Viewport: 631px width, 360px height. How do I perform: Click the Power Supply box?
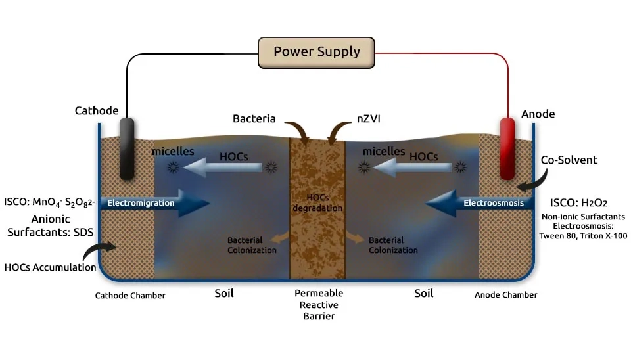click(x=317, y=52)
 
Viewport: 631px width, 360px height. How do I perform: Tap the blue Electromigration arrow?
click(x=155, y=203)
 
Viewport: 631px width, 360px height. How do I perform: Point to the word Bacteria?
click(x=254, y=119)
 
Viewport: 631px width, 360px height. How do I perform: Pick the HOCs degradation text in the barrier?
click(x=317, y=203)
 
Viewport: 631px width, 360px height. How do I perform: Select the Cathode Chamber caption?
click(x=130, y=296)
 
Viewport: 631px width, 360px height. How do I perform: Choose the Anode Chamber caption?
click(x=505, y=295)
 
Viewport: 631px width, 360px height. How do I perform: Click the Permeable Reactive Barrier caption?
click(x=317, y=304)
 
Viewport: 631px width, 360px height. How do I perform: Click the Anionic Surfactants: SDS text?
click(x=51, y=225)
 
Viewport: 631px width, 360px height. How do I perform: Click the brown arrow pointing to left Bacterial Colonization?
click(x=279, y=236)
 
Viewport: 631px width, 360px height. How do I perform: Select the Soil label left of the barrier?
click(x=223, y=293)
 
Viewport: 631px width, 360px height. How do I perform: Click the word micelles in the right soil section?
click(x=383, y=151)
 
